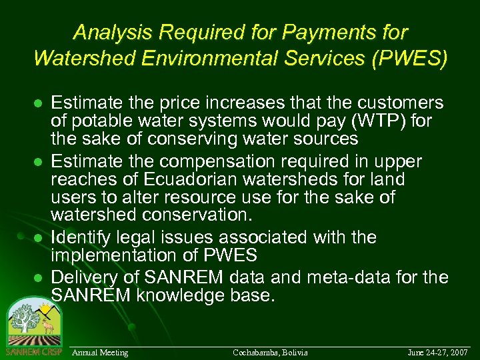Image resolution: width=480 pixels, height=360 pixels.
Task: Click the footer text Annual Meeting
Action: [100, 352]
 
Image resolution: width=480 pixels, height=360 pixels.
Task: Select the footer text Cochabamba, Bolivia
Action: [270, 352]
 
